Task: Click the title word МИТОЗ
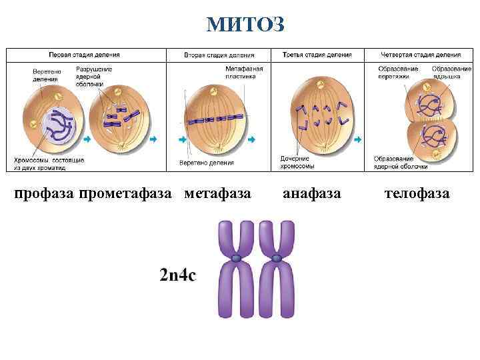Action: (x=245, y=25)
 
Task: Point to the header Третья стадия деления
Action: (x=317, y=54)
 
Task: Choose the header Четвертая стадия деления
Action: (x=421, y=54)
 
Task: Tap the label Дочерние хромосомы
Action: (x=297, y=162)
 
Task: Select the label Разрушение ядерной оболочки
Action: (x=94, y=75)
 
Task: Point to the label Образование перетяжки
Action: (x=398, y=72)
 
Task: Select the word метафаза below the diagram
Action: (x=217, y=193)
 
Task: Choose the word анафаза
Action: (x=311, y=193)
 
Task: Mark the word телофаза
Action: (x=417, y=193)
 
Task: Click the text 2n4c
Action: (x=178, y=275)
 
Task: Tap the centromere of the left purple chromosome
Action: (x=236, y=258)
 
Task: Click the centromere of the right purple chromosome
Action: (x=276, y=258)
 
